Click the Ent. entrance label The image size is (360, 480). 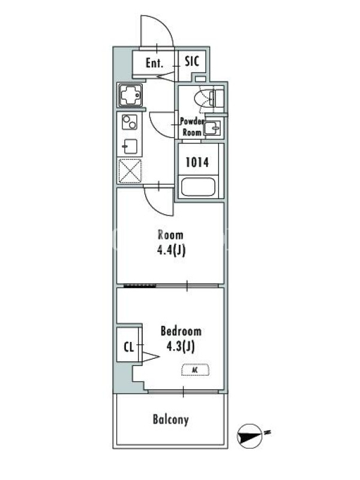point(154,64)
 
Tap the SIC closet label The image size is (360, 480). point(192,61)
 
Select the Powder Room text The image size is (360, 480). point(192,127)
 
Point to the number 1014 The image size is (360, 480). point(197,162)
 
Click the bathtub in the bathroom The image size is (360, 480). point(198,187)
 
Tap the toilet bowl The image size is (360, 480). point(203,98)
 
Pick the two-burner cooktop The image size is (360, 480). point(130,122)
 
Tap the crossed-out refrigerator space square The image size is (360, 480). point(130,171)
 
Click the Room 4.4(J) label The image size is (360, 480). point(171,243)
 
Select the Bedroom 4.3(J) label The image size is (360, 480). point(181,340)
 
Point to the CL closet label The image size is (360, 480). point(129,347)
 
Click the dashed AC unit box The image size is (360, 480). point(196,370)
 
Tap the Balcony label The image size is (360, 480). point(170,419)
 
